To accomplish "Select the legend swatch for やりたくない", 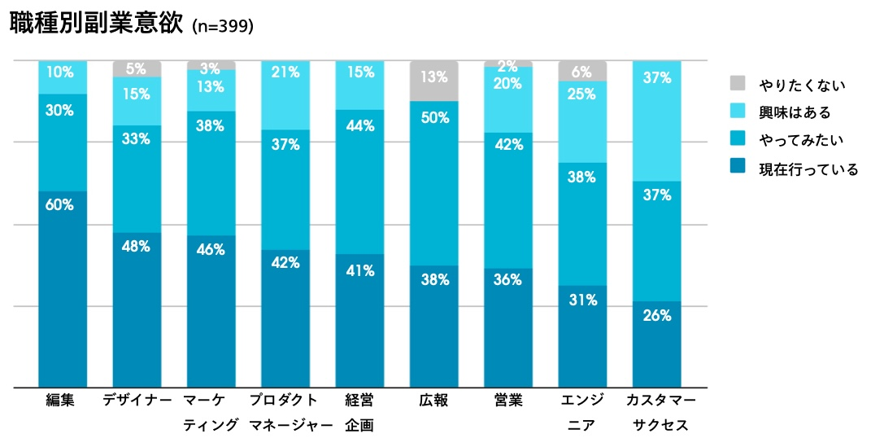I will click(738, 84).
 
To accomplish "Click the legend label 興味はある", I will click(795, 112).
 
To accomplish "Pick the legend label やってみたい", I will click(801, 141).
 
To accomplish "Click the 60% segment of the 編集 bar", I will click(63, 289).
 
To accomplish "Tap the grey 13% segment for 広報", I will click(433, 81).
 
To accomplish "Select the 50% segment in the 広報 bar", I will click(433, 183).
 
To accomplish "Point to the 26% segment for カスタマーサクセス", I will click(656, 344).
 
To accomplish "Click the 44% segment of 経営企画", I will click(359, 182).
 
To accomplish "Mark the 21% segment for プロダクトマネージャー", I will click(285, 95).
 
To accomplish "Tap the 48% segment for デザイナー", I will click(137, 309).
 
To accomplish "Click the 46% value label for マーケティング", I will click(211, 250).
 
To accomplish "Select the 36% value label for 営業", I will click(508, 278).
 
